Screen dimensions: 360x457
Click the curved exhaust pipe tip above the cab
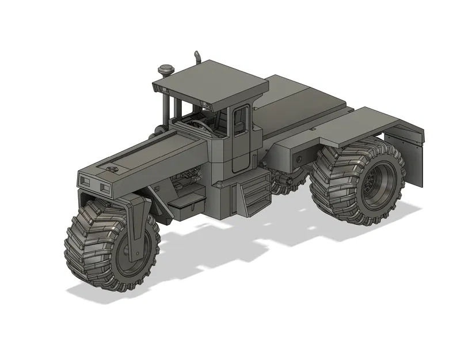tap(196, 56)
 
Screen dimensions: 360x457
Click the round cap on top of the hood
tap(113, 169)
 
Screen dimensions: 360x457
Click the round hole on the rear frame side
tap(299, 158)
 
